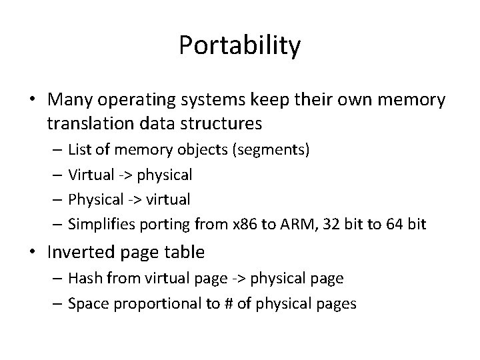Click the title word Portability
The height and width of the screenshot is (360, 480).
pos(240,46)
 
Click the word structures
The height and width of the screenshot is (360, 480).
pos(224,123)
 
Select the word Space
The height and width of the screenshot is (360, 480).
pos(87,304)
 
